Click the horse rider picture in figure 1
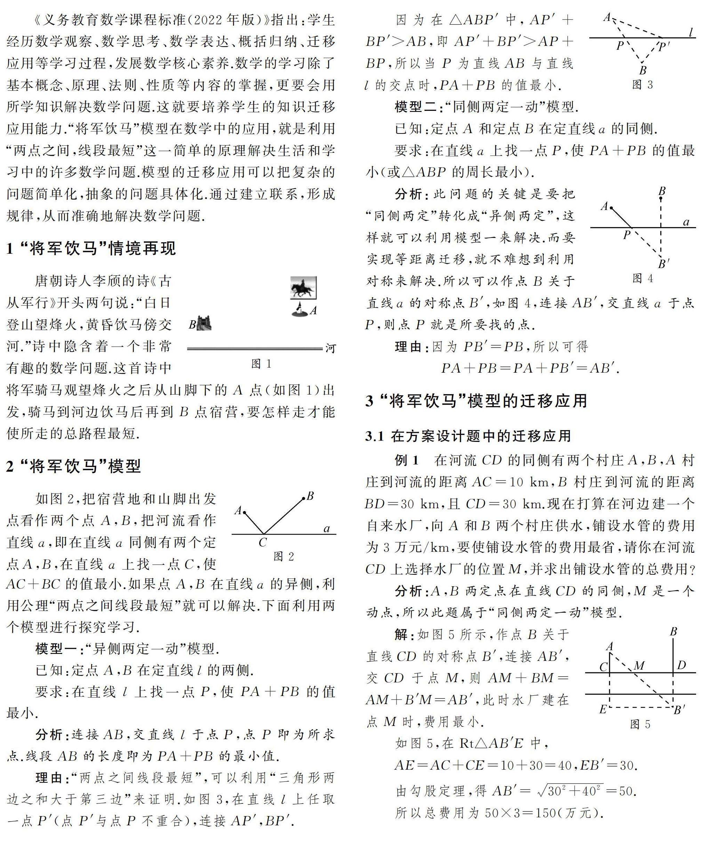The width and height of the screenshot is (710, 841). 303,288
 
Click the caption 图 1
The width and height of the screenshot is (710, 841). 261,364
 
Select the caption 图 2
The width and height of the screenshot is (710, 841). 284,556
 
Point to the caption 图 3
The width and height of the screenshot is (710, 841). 643,84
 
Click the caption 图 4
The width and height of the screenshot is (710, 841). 643,278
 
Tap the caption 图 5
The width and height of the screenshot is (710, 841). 640,725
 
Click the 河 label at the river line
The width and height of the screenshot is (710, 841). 330,348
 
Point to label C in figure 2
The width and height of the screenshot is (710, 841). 262,543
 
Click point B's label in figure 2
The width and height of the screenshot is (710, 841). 310,496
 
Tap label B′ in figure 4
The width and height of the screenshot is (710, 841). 664,264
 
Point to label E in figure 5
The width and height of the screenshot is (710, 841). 603,710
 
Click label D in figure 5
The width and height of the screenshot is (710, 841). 681,666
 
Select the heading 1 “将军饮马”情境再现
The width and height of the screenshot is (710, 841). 91,249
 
